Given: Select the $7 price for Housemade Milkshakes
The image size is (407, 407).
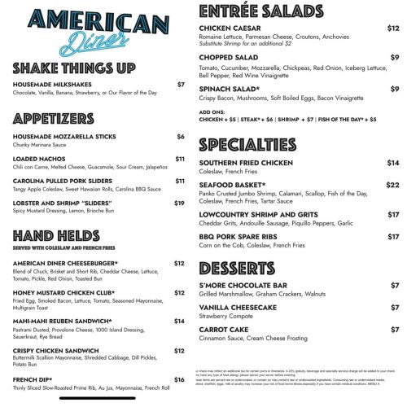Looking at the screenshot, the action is pyautogui.click(x=181, y=84).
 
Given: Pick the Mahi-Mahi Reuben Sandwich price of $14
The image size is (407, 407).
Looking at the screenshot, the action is pyautogui.click(x=180, y=320).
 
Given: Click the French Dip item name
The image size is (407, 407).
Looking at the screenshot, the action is pyautogui.click(x=33, y=379).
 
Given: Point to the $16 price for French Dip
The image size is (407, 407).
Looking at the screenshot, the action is pyautogui.click(x=180, y=379).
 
